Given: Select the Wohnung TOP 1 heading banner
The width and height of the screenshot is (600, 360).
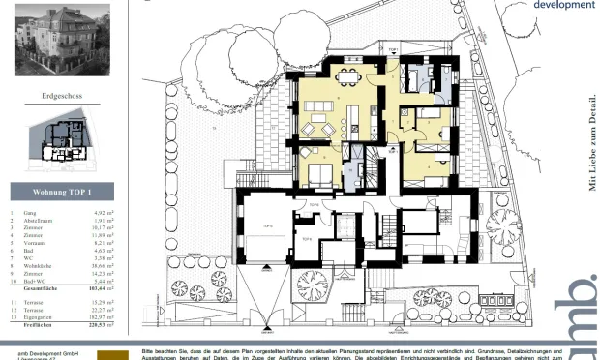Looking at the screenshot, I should coord(62,191).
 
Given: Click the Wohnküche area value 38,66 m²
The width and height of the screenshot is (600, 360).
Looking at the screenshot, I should coord(105,264).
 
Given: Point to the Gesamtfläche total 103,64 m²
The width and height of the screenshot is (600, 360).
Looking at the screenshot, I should coord(103,288).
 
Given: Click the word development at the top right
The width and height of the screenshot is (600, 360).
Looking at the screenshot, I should coord(564,5).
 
